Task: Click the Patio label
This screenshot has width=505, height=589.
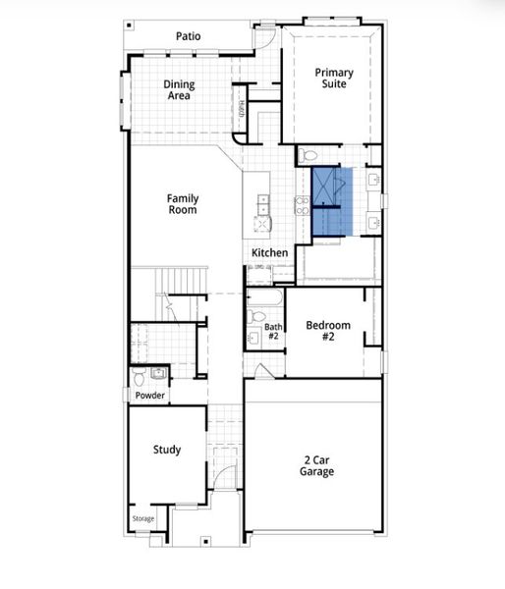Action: [x=189, y=36]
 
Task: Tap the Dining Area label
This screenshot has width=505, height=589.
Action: [x=179, y=90]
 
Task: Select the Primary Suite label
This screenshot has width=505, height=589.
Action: [x=334, y=78]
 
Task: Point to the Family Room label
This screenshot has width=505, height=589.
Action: [x=182, y=203]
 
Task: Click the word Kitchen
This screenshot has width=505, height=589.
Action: [x=270, y=253]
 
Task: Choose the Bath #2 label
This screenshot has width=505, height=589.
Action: [x=272, y=332]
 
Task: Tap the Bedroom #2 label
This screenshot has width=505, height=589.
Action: [x=327, y=331]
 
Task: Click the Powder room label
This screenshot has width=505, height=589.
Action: [x=149, y=396]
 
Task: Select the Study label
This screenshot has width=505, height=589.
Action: [x=167, y=450]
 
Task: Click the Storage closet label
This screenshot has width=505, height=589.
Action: [x=143, y=519]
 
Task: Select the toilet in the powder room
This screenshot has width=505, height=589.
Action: [x=140, y=376]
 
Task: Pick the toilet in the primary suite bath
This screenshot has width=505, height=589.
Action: [x=307, y=155]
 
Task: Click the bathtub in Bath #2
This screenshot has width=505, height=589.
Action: [x=265, y=297]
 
